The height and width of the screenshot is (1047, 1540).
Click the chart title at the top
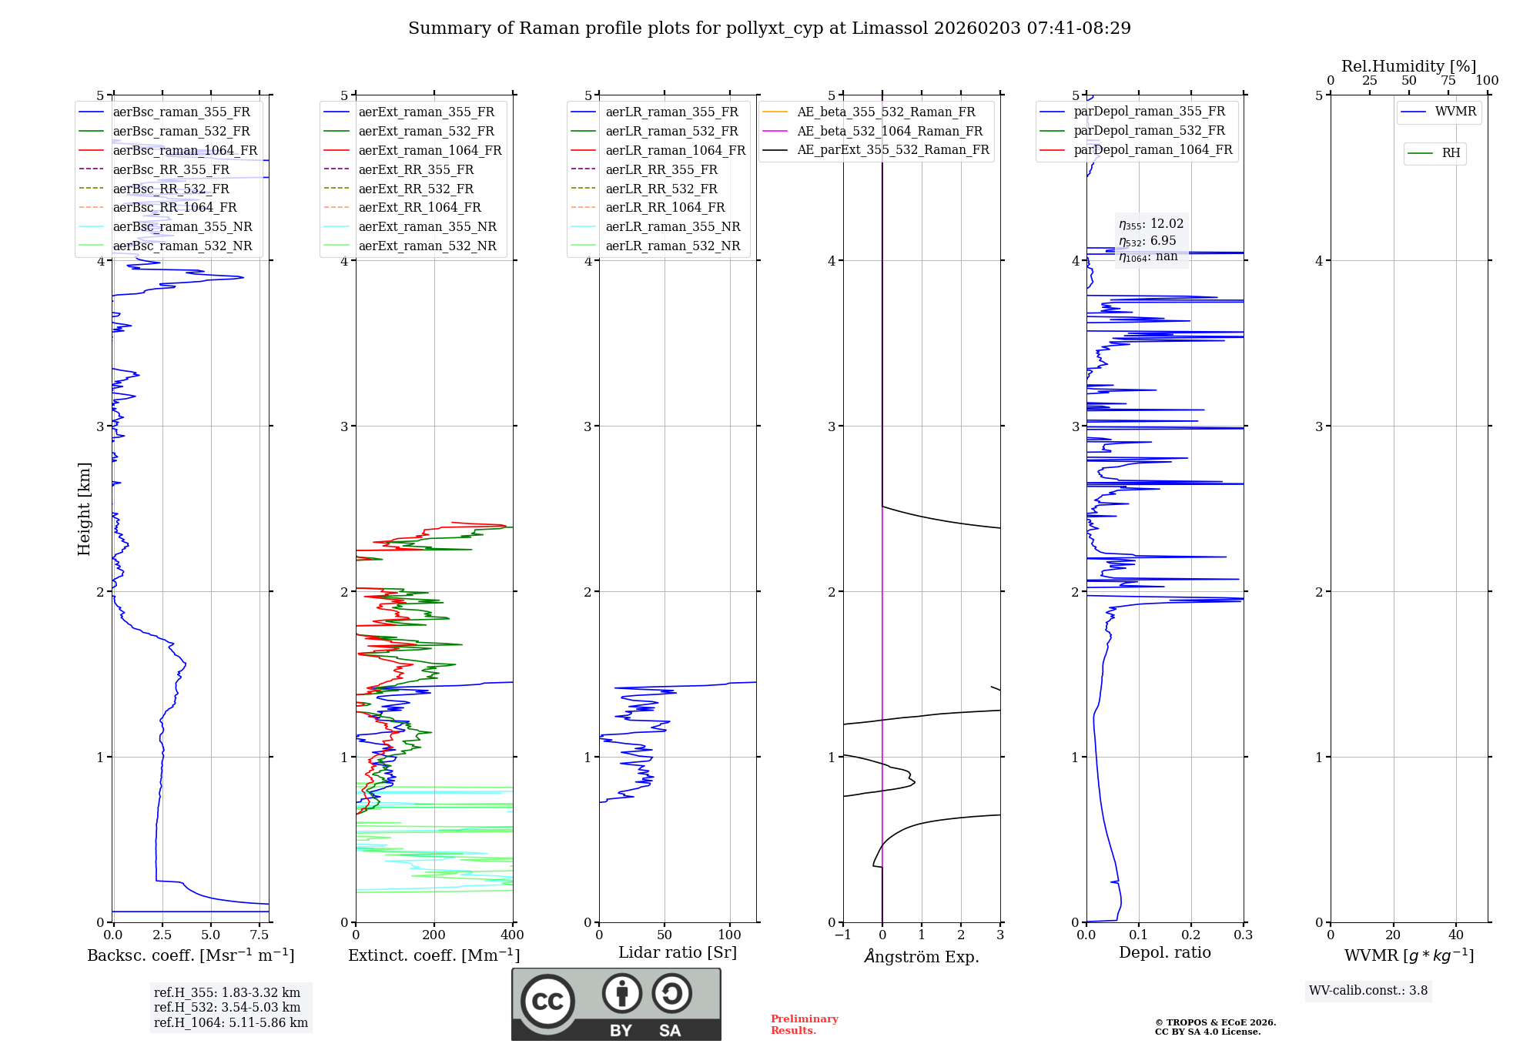click(769, 28)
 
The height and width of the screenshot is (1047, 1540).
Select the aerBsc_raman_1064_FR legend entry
click(185, 150)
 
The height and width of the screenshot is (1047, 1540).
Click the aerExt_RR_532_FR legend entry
click(416, 189)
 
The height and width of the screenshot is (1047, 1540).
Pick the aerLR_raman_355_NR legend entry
click(672, 226)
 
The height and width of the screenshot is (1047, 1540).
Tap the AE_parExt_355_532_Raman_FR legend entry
click(892, 149)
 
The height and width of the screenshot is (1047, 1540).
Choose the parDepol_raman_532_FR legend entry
click(1149, 130)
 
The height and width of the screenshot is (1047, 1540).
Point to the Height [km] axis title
click(84, 508)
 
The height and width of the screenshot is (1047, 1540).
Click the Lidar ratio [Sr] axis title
click(677, 952)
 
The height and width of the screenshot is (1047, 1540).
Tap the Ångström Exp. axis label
click(922, 956)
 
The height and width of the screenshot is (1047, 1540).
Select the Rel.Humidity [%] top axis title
click(1408, 66)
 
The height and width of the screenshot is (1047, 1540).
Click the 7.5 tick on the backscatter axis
click(259, 935)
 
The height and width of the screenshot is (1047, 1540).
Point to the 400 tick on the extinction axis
click(512, 935)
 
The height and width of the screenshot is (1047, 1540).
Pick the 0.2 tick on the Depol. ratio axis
click(1191, 935)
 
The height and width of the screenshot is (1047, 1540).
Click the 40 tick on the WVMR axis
click(1455, 935)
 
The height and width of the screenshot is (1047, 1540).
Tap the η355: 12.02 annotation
click(1151, 224)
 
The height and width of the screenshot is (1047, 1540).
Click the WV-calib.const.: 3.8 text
click(1368, 991)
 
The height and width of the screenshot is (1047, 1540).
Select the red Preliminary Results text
click(804, 1025)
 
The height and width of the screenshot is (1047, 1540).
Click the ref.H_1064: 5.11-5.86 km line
click(230, 1023)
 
